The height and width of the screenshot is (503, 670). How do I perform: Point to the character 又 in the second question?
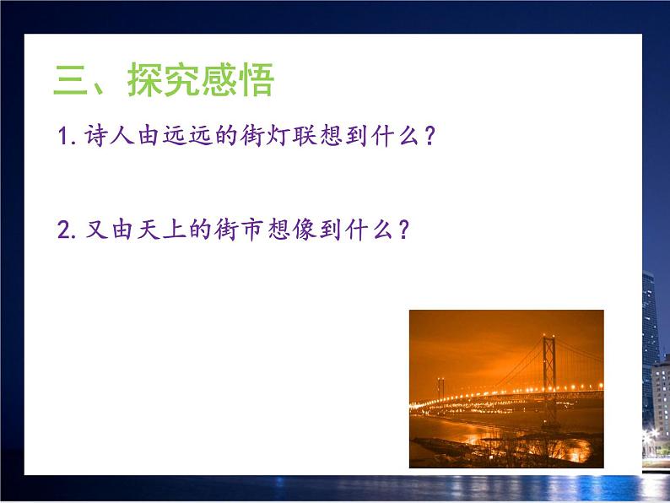(x=94, y=230)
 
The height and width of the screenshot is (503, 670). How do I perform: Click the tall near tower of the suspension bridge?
(x=551, y=371)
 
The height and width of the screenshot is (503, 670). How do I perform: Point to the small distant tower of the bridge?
(x=440, y=391)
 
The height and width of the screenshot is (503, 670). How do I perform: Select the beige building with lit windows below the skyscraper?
(x=660, y=397)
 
